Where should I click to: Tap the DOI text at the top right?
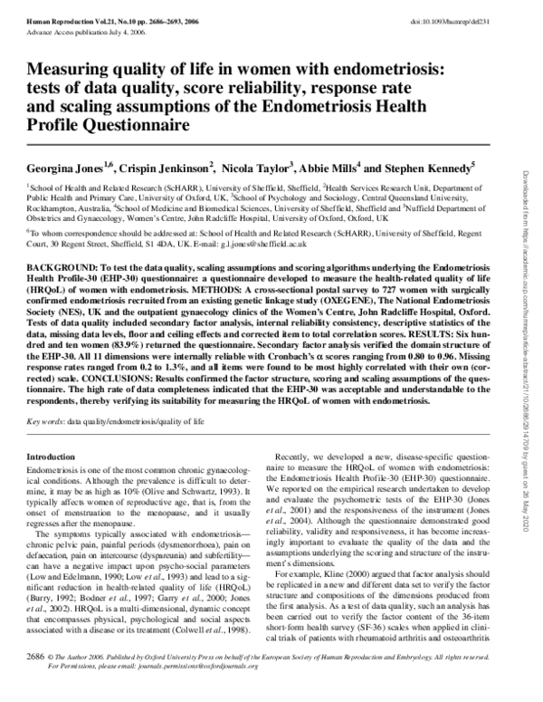468,11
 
